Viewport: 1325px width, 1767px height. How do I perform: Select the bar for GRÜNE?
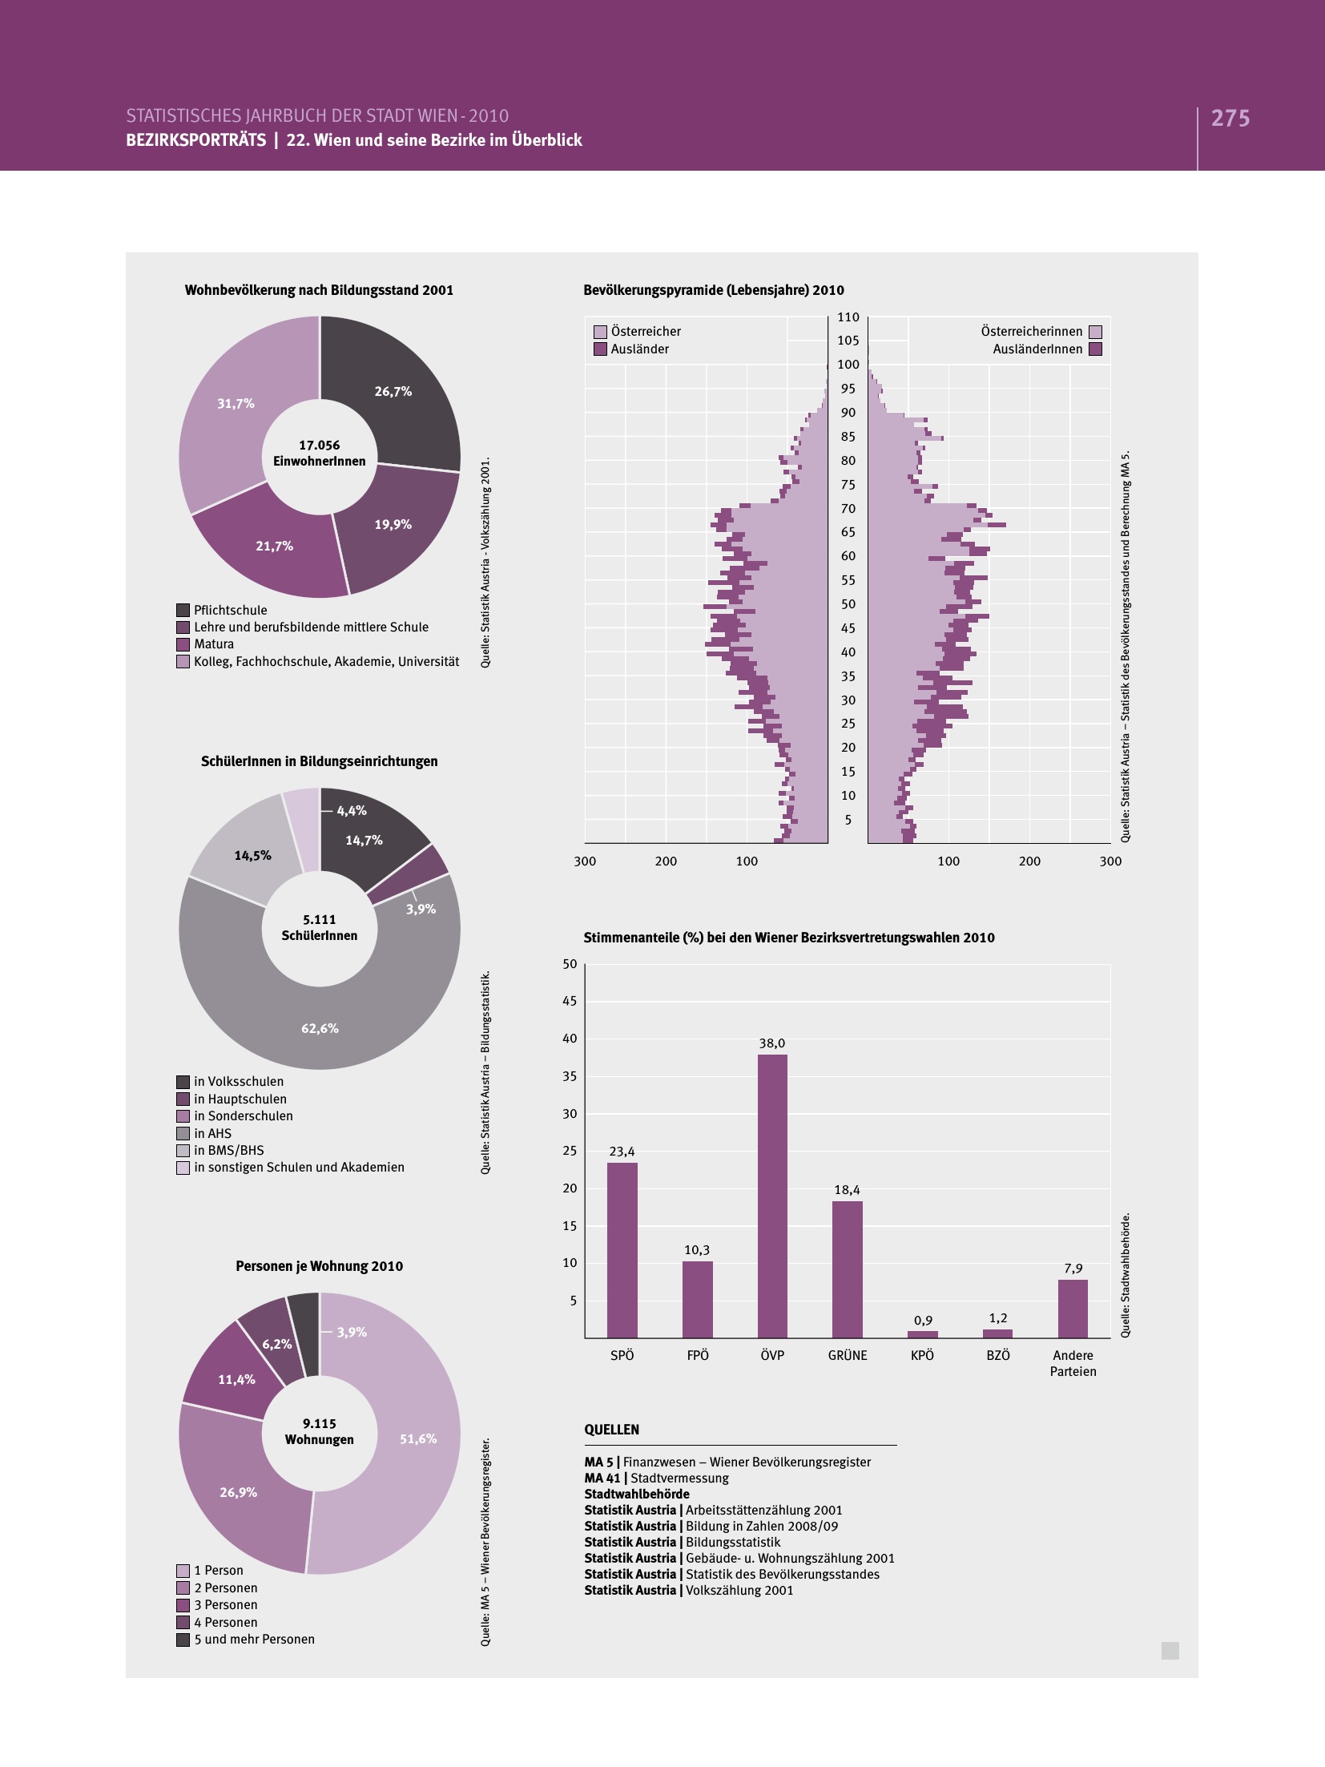848,1269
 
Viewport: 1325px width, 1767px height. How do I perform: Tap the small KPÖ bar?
923,1334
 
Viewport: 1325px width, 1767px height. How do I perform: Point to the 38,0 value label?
772,1043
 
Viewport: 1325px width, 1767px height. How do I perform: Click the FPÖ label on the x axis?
698,1355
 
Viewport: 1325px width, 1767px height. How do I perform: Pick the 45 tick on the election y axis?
570,1001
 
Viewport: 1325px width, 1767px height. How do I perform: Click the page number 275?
1230,119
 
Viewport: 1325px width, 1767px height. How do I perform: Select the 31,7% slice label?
236,404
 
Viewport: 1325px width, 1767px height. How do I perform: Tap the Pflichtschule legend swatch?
183,611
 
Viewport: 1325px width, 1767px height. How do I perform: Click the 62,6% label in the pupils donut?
320,1028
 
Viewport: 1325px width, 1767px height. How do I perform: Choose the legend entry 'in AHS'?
212,1133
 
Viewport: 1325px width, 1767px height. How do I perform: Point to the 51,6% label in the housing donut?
418,1438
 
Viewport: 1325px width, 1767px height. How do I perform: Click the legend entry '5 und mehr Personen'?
254,1639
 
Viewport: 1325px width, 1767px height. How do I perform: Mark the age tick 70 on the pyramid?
848,509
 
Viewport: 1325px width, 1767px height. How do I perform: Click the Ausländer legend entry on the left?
639,349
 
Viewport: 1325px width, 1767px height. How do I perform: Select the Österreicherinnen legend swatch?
1096,332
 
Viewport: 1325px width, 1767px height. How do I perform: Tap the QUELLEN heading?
612,1430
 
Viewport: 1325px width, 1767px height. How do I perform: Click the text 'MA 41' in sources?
602,1479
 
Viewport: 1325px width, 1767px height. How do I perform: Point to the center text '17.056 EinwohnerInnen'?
320,454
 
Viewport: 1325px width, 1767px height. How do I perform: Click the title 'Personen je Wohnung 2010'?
319,1266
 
